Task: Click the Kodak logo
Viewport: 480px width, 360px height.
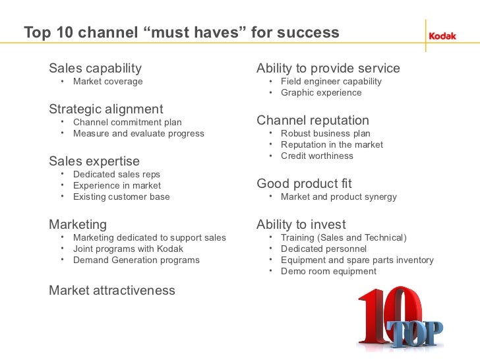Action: click(x=442, y=36)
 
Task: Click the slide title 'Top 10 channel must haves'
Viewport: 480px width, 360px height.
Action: click(x=181, y=32)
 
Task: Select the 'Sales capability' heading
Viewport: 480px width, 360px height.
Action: click(x=95, y=69)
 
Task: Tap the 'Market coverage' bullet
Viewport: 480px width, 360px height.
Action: click(x=107, y=82)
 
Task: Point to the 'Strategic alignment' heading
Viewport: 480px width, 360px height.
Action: click(x=106, y=109)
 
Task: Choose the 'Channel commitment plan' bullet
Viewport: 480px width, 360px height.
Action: click(x=127, y=122)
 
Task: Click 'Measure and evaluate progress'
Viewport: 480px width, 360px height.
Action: click(x=138, y=133)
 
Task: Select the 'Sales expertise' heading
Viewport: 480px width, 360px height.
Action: click(x=94, y=161)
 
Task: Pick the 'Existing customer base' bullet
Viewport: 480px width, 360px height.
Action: click(x=121, y=196)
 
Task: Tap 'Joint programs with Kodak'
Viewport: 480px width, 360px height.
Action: click(x=128, y=249)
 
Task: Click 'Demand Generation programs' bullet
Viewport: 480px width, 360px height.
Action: click(x=136, y=260)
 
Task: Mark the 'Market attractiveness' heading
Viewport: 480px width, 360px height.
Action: click(x=112, y=290)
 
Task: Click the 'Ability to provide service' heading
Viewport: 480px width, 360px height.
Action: click(x=328, y=69)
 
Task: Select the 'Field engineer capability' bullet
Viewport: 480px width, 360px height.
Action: click(x=331, y=82)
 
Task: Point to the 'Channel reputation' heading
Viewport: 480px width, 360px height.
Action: click(x=313, y=121)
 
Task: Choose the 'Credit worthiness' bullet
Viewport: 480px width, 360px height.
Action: click(x=316, y=156)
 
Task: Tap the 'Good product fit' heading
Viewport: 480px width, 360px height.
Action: click(x=305, y=183)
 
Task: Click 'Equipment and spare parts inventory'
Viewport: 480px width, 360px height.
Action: click(x=357, y=260)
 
